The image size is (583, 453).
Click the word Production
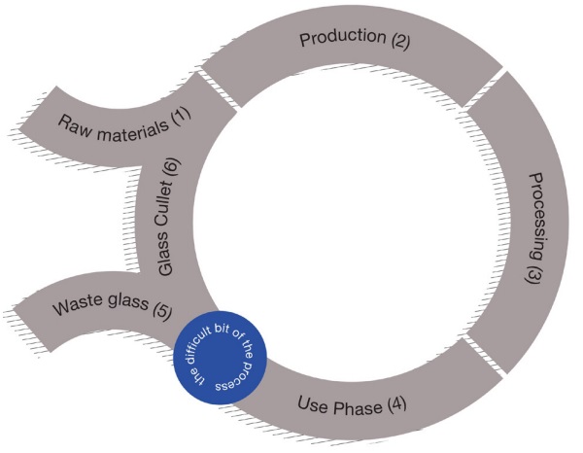342,38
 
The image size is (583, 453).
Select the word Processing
536,208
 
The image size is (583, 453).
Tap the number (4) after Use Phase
398,402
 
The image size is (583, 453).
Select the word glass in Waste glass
126,307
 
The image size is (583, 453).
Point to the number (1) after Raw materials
181,115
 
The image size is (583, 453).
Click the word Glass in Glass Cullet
164,261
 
